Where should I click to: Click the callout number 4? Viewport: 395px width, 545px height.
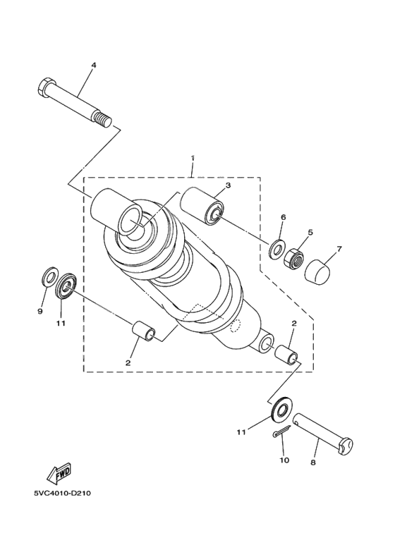click(x=93, y=65)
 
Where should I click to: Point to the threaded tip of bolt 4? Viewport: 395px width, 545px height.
click(x=106, y=121)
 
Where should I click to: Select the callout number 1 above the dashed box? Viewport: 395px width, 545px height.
click(x=192, y=159)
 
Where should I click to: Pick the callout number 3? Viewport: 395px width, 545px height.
click(x=228, y=185)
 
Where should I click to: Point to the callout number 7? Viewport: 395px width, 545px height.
click(x=339, y=249)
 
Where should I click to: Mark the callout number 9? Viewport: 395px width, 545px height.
click(x=40, y=311)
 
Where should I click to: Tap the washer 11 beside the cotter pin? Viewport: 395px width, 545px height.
click(x=282, y=410)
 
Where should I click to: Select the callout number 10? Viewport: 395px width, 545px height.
click(x=284, y=460)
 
